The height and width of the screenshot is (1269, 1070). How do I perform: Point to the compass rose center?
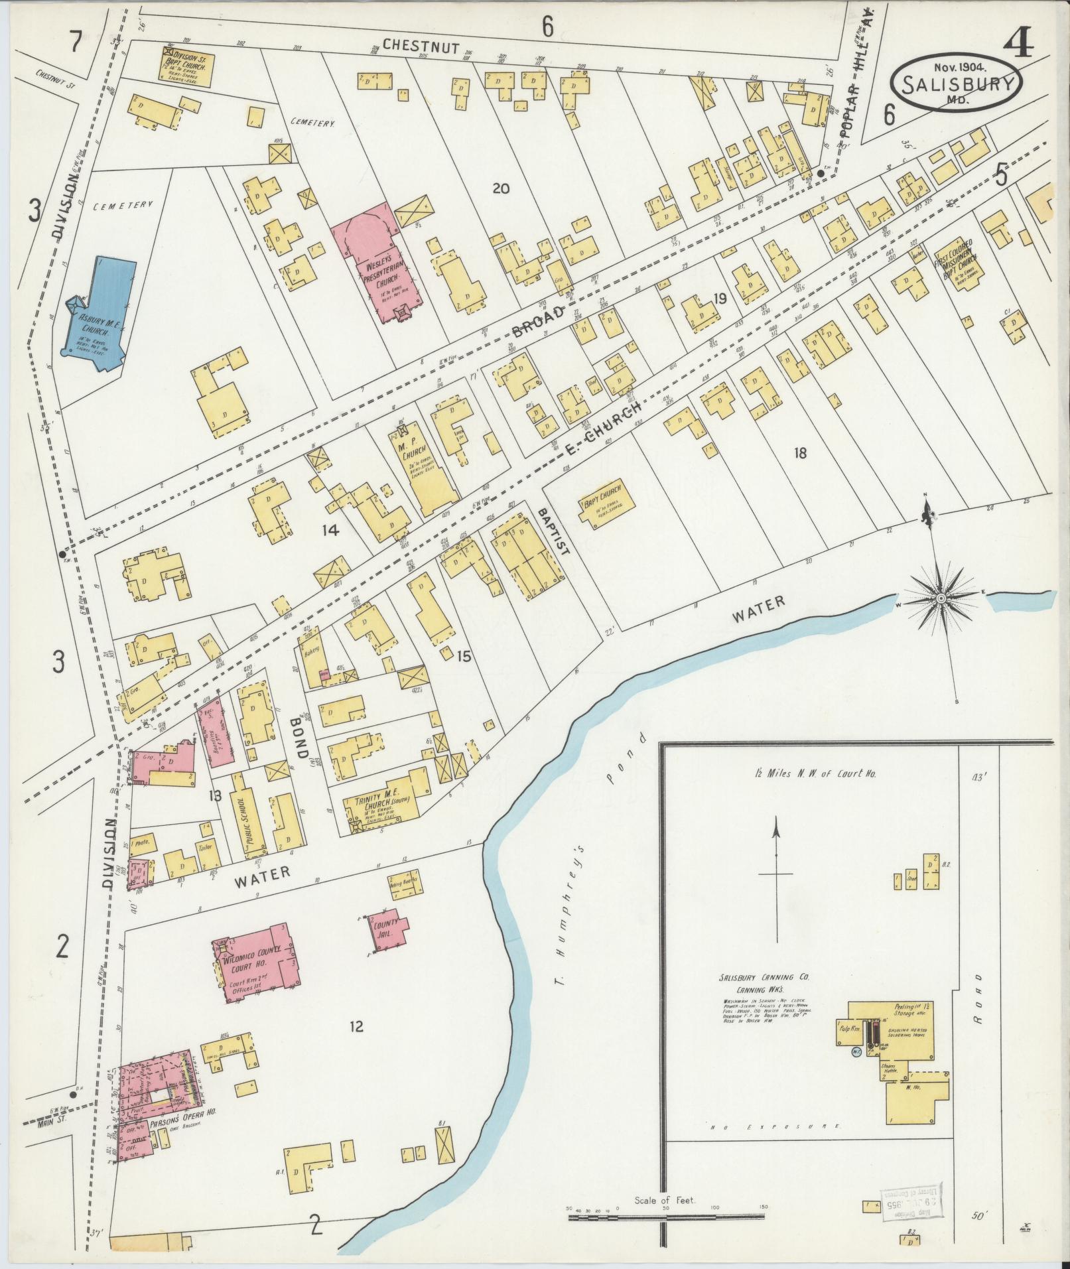[x=940, y=598]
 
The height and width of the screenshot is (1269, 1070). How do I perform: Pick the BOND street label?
[x=300, y=736]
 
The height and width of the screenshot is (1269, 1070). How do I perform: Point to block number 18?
[x=800, y=454]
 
